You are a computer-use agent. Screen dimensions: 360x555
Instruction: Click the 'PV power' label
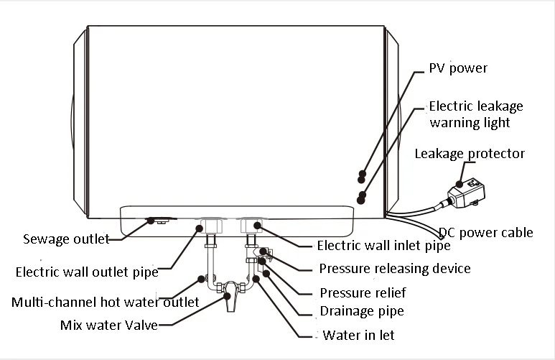click(458, 68)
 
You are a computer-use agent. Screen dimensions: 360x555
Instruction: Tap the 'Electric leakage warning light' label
click(475, 114)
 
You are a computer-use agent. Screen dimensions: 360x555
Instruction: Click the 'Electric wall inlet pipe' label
click(383, 246)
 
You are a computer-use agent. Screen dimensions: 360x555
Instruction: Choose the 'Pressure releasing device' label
click(394, 269)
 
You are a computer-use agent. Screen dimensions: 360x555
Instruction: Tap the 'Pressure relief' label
click(363, 292)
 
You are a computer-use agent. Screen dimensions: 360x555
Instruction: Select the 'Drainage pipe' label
click(361, 311)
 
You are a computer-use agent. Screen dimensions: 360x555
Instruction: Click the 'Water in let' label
click(358, 335)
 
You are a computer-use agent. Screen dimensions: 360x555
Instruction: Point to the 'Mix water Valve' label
click(108, 324)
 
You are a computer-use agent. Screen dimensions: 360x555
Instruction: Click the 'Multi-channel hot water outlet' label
click(105, 302)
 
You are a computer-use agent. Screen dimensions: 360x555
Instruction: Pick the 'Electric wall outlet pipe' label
click(87, 272)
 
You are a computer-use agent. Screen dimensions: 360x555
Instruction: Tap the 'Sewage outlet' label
click(65, 239)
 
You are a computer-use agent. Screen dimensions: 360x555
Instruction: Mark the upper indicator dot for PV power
click(363, 175)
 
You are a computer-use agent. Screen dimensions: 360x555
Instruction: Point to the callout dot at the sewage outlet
click(151, 221)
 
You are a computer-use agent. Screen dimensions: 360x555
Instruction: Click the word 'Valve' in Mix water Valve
click(141, 324)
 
